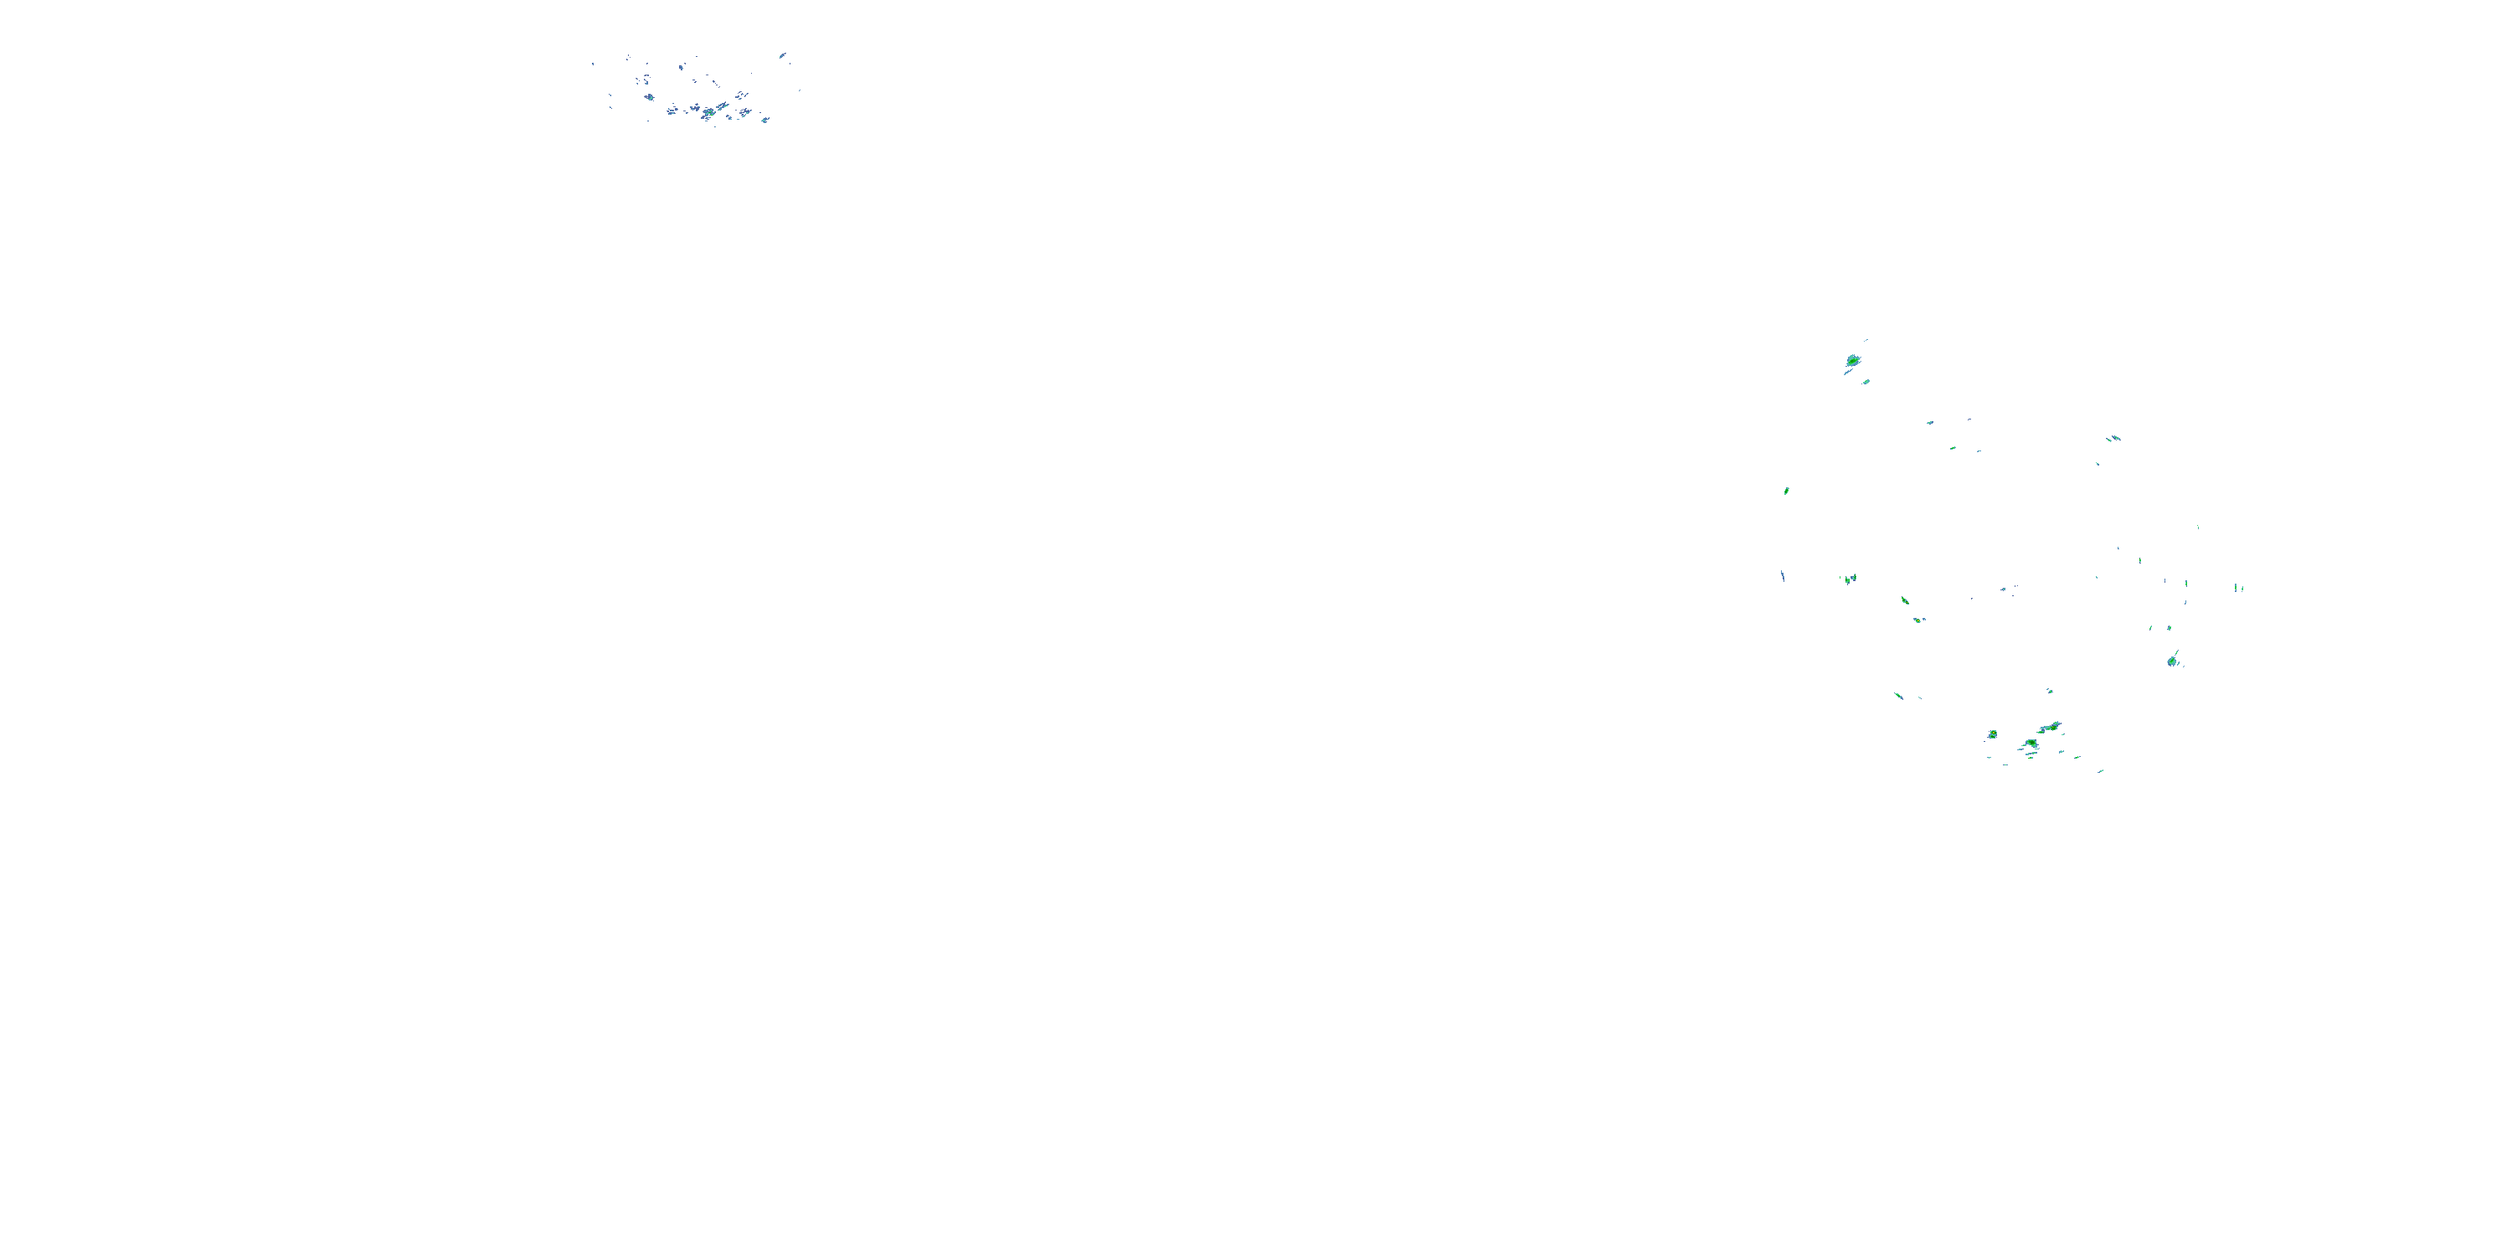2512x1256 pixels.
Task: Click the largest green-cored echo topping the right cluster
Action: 1853,361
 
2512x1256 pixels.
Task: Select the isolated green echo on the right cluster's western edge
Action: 1787,491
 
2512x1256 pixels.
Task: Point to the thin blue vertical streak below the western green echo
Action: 1783,575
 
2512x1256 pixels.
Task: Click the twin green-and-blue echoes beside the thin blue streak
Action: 1849,579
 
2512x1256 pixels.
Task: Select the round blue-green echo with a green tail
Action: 2173,661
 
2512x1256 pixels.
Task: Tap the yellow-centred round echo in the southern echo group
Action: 1993,734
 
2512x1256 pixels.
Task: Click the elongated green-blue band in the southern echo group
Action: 2050,728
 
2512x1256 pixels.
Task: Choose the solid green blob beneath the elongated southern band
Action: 2031,745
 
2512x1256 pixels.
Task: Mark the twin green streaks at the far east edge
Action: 2239,588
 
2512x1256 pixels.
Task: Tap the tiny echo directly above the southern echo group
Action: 2050,692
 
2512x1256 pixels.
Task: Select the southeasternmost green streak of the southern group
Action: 2101,771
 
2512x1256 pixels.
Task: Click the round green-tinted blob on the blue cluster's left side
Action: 648,96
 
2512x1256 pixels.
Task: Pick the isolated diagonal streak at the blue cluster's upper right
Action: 783,55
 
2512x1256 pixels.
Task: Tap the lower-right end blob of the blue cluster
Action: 765,120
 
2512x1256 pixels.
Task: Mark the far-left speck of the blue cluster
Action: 593,64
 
